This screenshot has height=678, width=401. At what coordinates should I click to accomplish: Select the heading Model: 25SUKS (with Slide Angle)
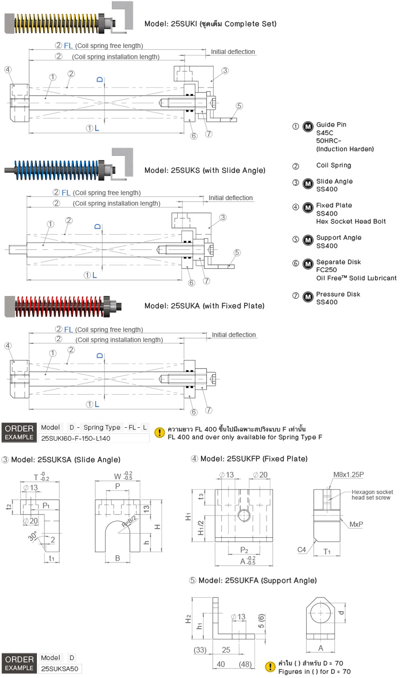(x=205, y=171)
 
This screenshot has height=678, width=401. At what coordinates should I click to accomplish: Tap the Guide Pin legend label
(x=331, y=125)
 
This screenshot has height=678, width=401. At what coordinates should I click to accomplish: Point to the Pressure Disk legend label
(x=338, y=294)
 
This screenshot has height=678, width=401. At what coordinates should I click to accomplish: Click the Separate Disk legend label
(x=338, y=262)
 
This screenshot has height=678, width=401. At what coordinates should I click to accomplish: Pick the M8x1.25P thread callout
(x=348, y=475)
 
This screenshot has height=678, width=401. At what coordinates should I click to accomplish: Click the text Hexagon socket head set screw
(x=372, y=495)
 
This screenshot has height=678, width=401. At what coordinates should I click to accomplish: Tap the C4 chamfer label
(x=301, y=550)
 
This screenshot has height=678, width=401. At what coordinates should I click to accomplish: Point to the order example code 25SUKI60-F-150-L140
(x=76, y=439)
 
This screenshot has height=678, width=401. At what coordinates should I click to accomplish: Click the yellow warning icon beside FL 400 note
(x=160, y=432)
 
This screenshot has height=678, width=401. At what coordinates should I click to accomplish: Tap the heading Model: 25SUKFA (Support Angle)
(x=253, y=580)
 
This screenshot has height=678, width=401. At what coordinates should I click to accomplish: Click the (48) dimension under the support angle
(x=245, y=664)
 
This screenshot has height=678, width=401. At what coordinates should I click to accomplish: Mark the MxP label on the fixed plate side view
(x=356, y=524)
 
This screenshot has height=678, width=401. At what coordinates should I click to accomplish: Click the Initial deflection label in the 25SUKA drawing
(x=234, y=334)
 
